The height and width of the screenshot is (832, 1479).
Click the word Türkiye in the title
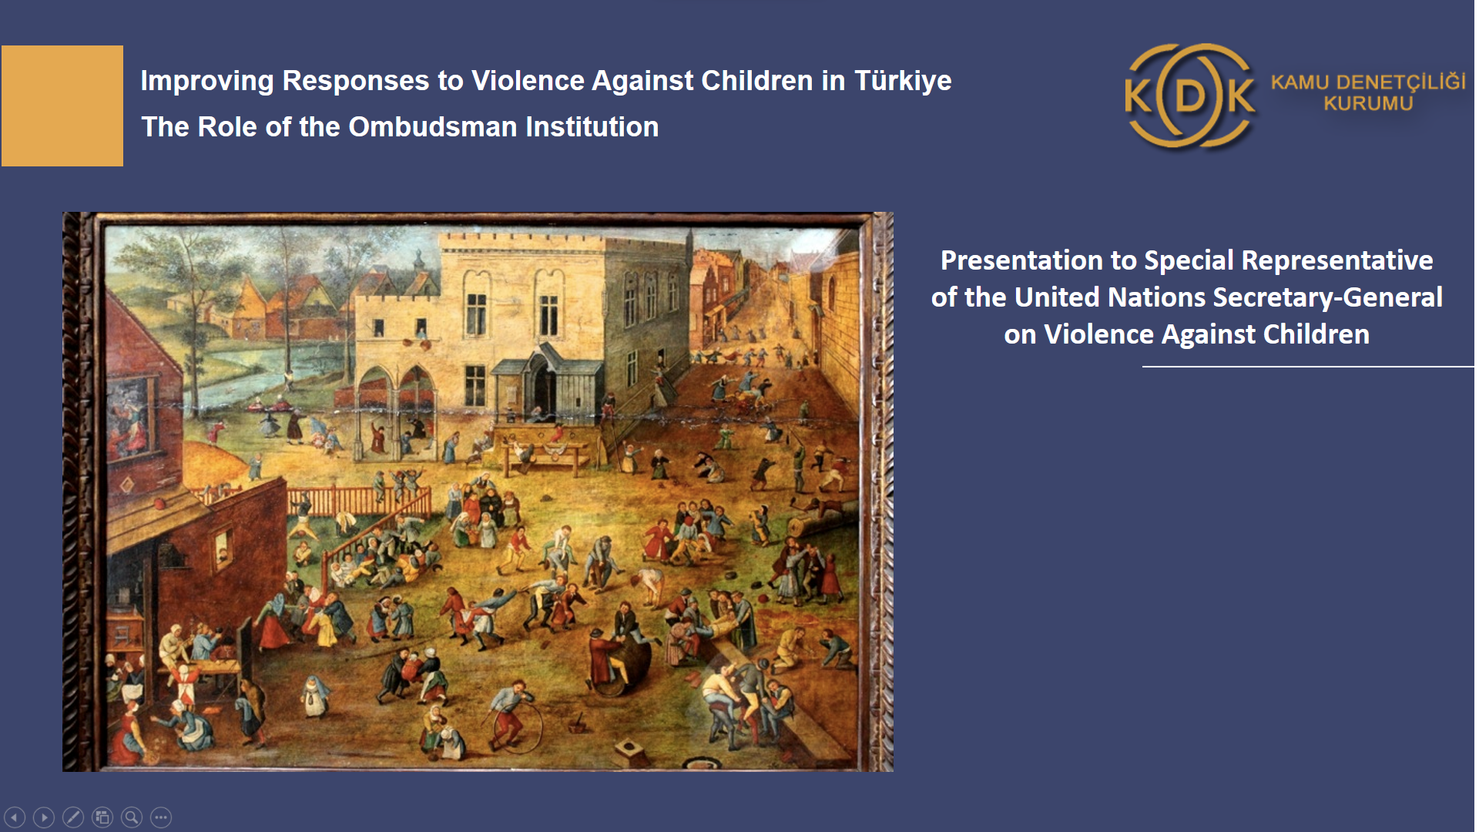903,81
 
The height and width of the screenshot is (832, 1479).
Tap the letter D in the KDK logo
1190,96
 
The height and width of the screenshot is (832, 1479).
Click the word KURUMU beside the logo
1368,103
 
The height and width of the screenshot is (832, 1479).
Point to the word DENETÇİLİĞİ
1401,82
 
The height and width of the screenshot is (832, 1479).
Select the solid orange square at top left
62,106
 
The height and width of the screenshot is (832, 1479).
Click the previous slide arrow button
15,817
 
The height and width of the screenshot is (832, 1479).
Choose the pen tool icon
73,817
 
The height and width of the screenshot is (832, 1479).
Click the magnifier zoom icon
132,817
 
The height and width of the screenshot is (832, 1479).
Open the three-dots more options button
161,817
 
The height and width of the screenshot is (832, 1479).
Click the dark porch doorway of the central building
545,385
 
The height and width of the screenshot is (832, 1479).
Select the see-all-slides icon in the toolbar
102,817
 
